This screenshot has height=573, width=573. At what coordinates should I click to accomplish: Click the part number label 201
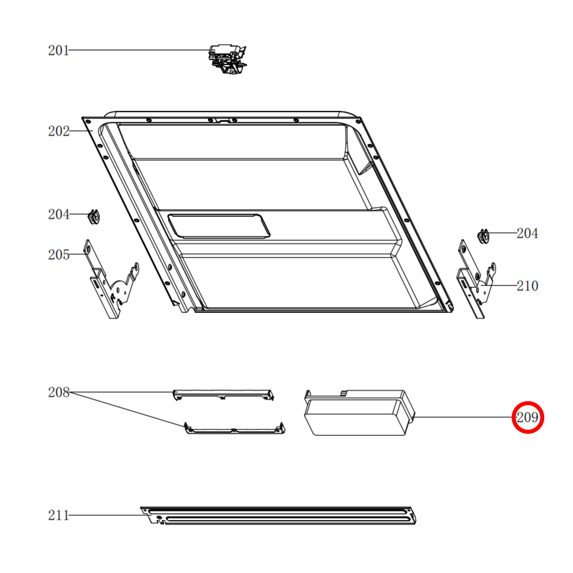[59, 50]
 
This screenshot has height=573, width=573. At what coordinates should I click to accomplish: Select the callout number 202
[59, 131]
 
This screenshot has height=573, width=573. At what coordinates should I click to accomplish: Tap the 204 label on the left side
[59, 214]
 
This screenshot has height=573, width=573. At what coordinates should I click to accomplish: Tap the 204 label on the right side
[527, 233]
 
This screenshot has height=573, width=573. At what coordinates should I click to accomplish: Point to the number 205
[59, 254]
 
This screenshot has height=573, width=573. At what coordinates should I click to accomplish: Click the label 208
[59, 392]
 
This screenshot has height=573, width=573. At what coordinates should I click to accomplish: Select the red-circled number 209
[528, 417]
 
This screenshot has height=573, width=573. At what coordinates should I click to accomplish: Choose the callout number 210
[527, 286]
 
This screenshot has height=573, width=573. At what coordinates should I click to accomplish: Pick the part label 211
[59, 515]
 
